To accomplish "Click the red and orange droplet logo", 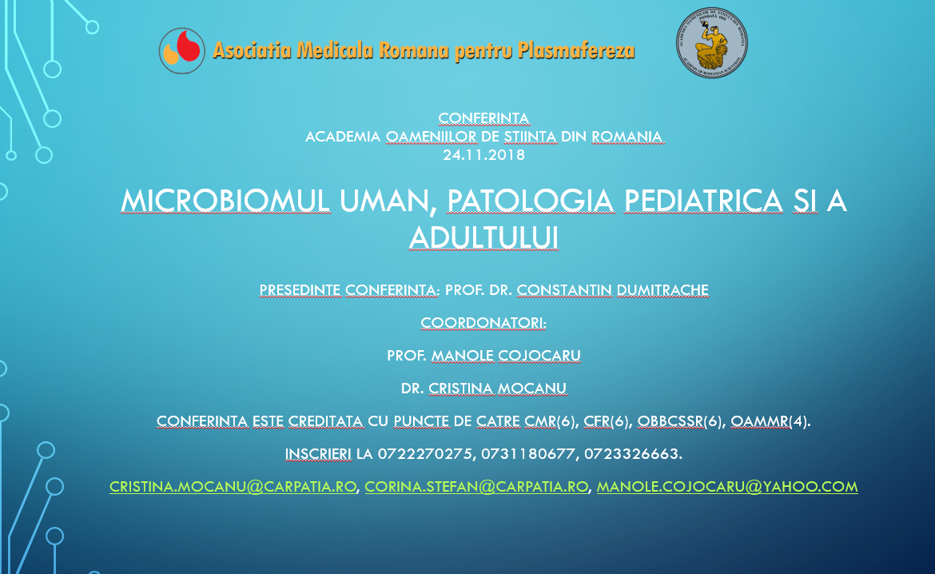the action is [x=182, y=50].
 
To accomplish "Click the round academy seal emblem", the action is [x=711, y=43].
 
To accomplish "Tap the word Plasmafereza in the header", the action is [x=575, y=50].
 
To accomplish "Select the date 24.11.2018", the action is [x=483, y=155].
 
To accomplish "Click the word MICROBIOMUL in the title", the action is [x=225, y=201].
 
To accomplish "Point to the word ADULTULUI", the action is [x=483, y=237].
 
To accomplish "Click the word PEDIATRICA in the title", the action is [x=703, y=201].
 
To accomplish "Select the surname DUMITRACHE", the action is [x=662, y=290].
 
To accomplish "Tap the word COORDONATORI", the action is [x=483, y=323].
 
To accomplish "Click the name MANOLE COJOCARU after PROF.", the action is [x=506, y=356].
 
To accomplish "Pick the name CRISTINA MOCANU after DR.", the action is [x=497, y=389].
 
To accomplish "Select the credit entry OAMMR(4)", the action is [x=770, y=421].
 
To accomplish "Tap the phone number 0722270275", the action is [x=425, y=454].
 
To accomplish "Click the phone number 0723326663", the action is [x=631, y=454].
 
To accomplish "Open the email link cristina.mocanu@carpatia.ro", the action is [x=233, y=487].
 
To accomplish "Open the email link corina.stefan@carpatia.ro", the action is [x=476, y=487].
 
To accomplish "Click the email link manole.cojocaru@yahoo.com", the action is [x=727, y=487].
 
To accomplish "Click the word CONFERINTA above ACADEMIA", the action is [x=483, y=118].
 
